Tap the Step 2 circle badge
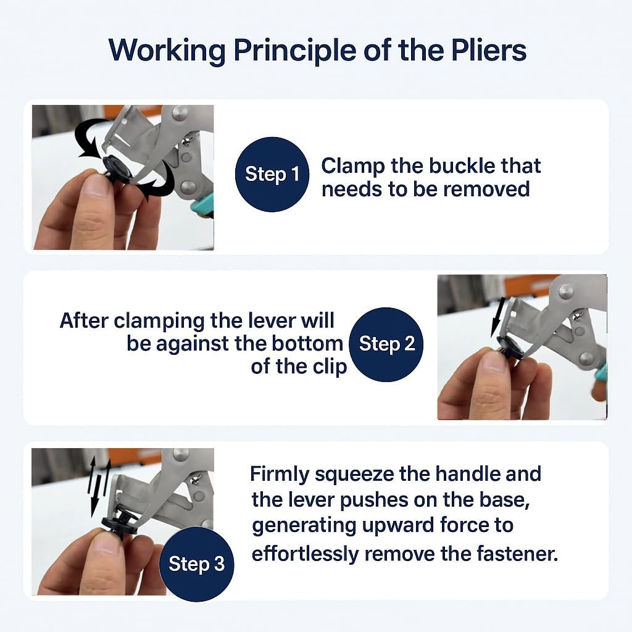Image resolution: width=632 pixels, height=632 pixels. pos(386,344)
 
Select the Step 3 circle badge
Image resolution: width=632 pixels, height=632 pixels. pos(196,564)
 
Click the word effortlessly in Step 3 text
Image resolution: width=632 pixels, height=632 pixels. pos(305,554)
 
